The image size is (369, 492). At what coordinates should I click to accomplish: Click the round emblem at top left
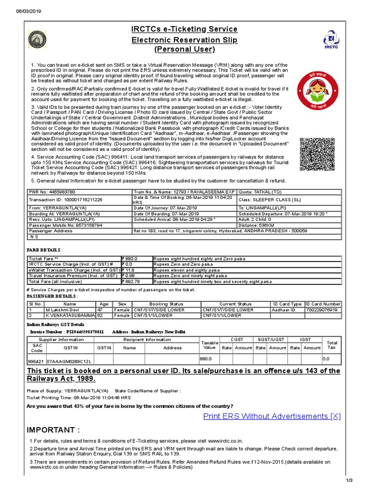click(x=37, y=41)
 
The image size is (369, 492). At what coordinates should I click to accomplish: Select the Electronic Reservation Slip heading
click(x=184, y=40)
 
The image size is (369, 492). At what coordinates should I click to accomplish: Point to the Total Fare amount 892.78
click(x=132, y=281)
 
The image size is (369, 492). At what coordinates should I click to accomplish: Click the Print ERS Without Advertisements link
click(x=272, y=416)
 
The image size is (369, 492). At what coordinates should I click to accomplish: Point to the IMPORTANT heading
click(x=53, y=430)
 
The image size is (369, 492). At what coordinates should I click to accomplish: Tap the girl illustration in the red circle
click(x=317, y=90)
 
